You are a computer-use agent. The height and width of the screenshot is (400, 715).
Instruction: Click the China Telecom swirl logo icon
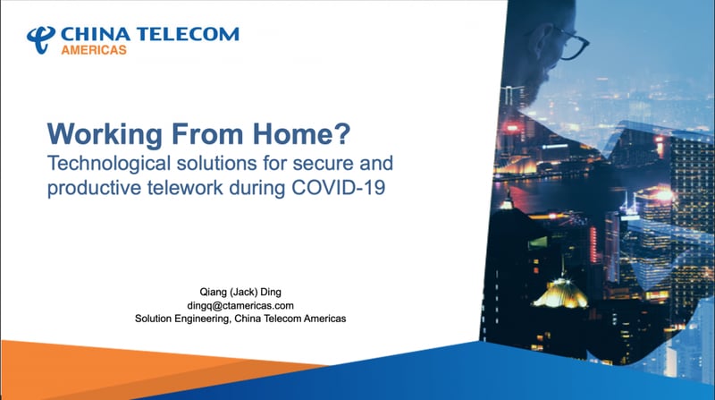[41, 39]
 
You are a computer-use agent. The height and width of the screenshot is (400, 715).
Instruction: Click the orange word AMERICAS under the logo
[94, 50]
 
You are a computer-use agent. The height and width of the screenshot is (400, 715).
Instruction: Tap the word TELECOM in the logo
[188, 34]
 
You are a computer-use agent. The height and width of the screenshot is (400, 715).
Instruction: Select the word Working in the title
[105, 134]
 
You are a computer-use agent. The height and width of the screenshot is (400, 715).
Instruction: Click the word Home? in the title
[301, 133]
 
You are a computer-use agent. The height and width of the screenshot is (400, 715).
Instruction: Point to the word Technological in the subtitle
[109, 164]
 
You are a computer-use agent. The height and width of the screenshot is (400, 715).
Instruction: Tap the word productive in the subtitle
[94, 188]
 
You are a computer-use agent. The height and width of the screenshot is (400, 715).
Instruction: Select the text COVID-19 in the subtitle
[338, 188]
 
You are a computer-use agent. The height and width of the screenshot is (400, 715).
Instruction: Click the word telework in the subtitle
[185, 188]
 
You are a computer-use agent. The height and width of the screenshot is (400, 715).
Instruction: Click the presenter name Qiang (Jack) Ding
[240, 292]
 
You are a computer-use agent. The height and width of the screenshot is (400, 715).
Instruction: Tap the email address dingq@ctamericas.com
[240, 305]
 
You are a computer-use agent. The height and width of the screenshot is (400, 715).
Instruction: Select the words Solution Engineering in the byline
[182, 319]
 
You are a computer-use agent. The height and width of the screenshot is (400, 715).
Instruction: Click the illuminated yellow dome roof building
[560, 293]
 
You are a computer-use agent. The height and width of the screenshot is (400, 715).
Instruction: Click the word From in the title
[207, 133]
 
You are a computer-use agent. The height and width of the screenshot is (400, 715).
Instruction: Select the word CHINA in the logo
[96, 34]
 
